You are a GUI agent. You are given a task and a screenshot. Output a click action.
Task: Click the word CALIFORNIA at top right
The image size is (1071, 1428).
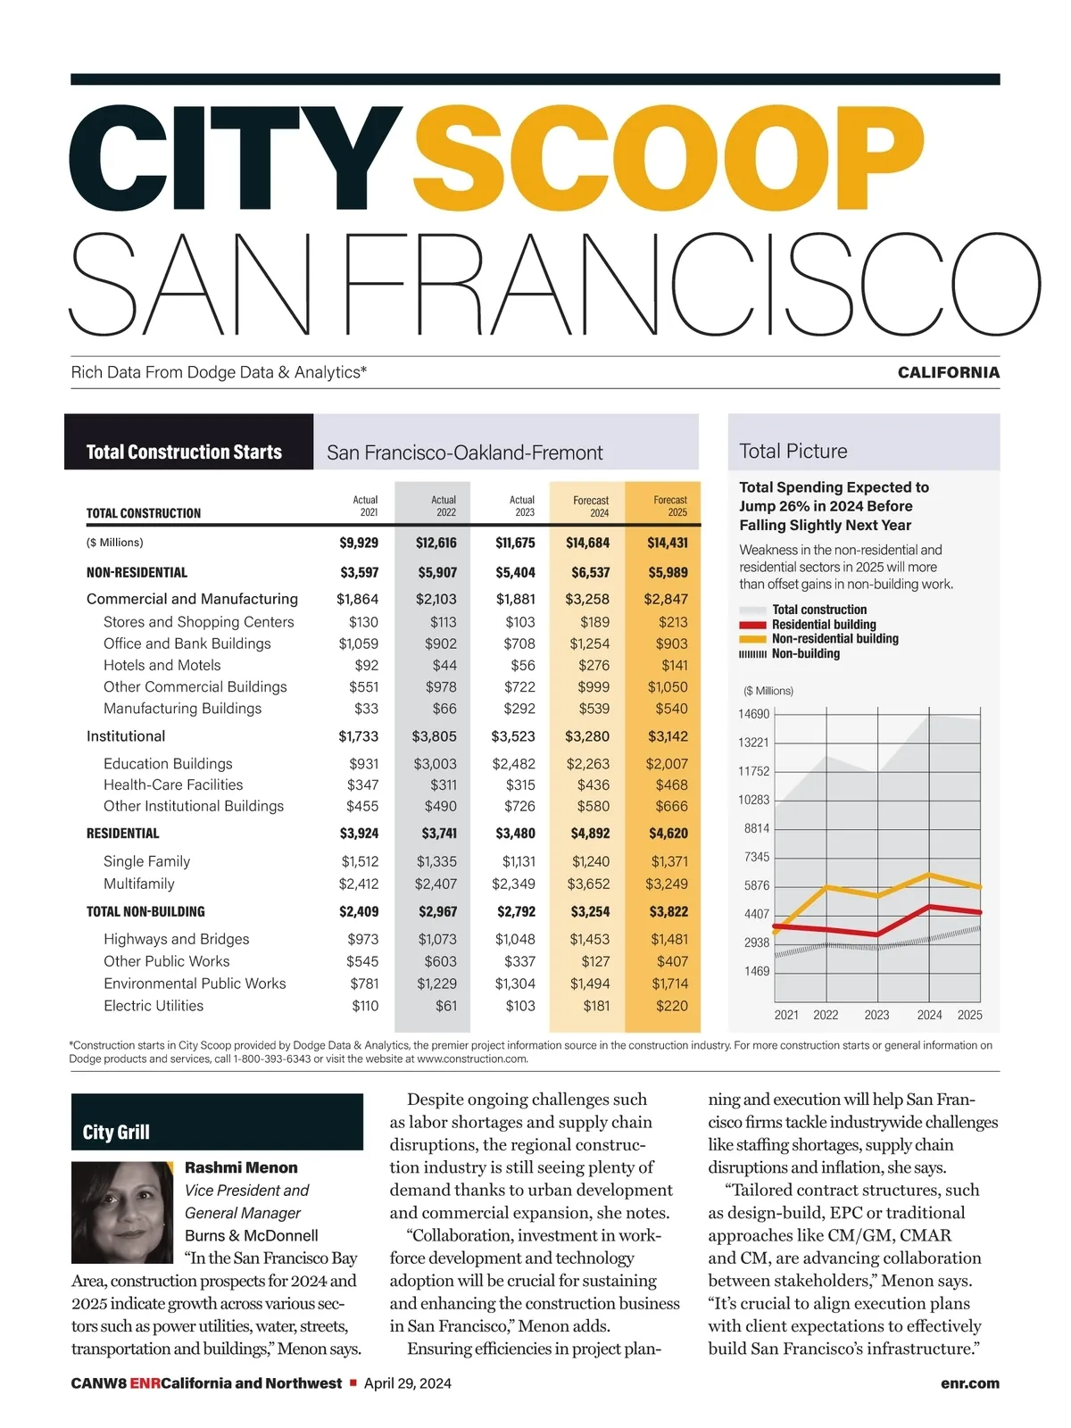(948, 373)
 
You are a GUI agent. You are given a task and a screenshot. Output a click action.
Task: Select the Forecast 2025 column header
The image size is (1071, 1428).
(669, 506)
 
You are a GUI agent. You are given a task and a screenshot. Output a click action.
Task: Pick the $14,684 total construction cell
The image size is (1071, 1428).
(587, 543)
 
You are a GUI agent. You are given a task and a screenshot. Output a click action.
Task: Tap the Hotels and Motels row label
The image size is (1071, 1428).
(162, 665)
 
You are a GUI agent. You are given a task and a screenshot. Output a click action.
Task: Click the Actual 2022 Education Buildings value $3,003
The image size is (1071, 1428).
(435, 764)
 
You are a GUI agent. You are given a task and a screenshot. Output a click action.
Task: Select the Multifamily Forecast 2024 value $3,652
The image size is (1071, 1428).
(588, 884)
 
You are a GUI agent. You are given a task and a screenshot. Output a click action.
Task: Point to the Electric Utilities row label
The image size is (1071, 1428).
(154, 1006)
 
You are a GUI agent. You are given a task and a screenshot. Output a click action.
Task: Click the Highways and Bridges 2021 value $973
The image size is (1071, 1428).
(362, 939)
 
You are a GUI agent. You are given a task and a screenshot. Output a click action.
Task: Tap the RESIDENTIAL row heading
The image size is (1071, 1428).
(123, 834)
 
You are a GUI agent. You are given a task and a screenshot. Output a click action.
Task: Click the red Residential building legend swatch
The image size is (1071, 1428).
(752, 625)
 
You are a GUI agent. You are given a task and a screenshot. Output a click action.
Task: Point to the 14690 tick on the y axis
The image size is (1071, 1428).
(753, 714)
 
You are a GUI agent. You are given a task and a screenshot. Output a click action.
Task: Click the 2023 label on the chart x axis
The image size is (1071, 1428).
(876, 1015)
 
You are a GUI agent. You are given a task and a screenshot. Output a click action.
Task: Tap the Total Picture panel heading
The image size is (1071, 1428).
(793, 452)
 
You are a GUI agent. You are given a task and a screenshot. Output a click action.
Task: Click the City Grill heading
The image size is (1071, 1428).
(116, 1133)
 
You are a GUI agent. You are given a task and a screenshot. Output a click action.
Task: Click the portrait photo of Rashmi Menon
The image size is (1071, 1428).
(122, 1212)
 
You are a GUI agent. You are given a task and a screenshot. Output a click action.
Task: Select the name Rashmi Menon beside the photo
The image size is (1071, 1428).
(241, 1167)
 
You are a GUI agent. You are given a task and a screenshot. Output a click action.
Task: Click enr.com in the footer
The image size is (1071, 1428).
(969, 1383)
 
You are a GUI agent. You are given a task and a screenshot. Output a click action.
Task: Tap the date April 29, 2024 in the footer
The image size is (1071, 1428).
(408, 1383)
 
